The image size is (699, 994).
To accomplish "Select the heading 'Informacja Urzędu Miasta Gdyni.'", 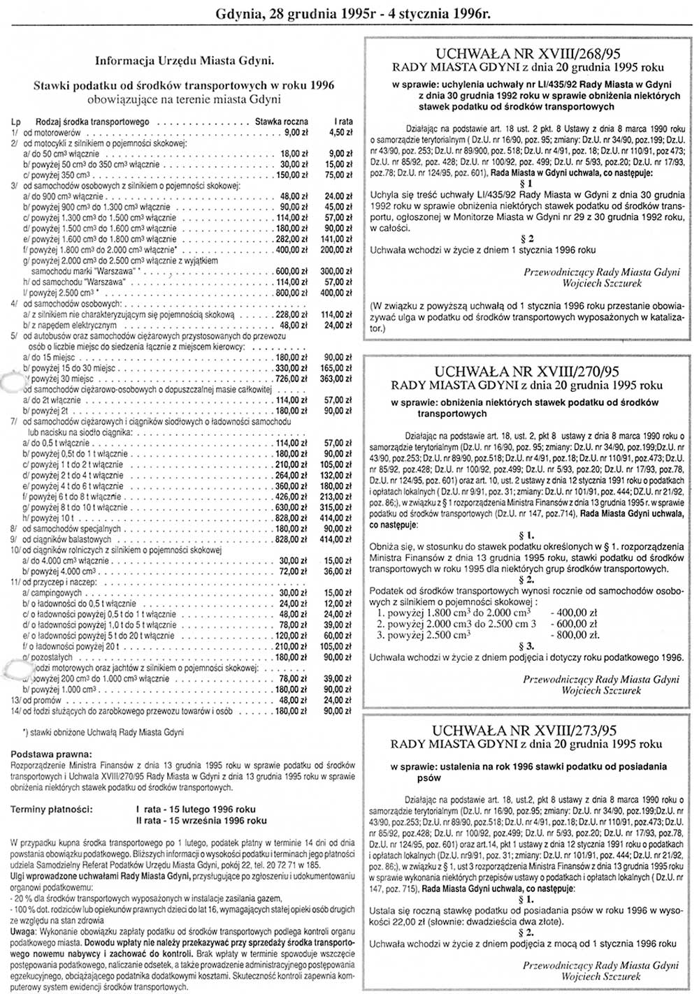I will click(185, 60).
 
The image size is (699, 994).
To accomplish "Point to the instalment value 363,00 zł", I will click(339, 379).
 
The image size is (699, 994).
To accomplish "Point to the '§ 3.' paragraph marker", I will click(527, 645).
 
